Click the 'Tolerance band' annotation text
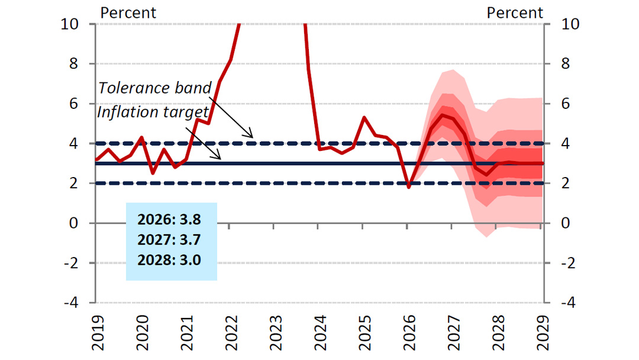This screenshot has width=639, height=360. click(154, 88)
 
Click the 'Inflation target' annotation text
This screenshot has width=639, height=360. click(152, 112)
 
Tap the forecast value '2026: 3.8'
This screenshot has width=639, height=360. click(169, 220)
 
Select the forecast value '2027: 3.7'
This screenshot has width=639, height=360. click(169, 239)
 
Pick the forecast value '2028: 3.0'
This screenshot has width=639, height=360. click(169, 259)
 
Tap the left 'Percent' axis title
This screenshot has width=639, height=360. click(128, 12)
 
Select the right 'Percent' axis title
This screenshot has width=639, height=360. click(515, 12)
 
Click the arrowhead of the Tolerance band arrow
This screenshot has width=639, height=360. click(252, 137)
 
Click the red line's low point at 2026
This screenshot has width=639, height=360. click(409, 187)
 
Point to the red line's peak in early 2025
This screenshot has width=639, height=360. click(364, 117)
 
